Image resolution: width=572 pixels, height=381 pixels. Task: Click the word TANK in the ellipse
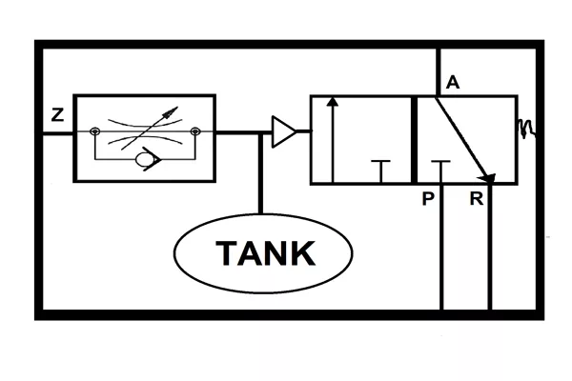(266, 253)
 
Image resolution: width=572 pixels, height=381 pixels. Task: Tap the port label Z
(57, 115)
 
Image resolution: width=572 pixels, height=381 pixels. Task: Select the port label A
(453, 83)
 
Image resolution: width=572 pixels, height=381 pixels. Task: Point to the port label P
(428, 199)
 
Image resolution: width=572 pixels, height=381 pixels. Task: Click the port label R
(477, 199)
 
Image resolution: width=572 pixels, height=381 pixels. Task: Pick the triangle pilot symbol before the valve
(284, 131)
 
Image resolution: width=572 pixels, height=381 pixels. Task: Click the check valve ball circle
(143, 159)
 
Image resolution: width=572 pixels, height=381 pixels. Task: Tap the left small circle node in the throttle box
(94, 130)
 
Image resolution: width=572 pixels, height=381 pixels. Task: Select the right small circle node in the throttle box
(195, 130)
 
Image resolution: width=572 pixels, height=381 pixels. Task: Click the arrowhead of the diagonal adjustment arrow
(171, 112)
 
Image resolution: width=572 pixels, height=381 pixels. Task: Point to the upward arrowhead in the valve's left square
(333, 101)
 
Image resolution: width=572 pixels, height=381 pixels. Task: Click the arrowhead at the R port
(487, 177)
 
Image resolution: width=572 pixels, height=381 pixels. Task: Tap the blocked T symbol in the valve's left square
(380, 171)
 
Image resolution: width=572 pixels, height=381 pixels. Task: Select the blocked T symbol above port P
(440, 171)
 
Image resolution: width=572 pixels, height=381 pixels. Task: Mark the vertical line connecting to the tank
(260, 173)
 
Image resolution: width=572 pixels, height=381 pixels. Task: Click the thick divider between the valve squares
(414, 140)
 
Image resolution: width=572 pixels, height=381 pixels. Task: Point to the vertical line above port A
(439, 71)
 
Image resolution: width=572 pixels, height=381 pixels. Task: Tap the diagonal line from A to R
(462, 137)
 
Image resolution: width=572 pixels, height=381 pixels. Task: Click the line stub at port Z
(58, 133)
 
